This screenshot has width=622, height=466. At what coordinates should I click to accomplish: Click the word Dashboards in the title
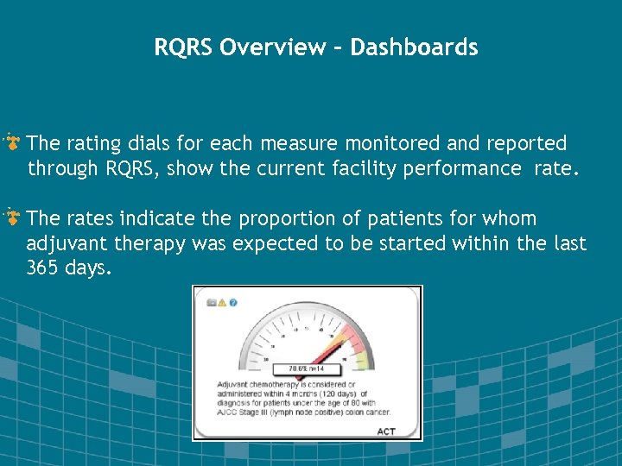point(414,47)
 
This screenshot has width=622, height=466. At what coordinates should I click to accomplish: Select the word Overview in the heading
point(273,47)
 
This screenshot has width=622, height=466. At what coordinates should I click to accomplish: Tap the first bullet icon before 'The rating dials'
point(14,142)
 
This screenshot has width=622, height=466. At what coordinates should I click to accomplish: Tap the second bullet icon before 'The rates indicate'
point(14,217)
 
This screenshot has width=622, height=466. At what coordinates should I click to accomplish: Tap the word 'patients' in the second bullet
point(400,219)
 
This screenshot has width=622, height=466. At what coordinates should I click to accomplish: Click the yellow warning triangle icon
point(222,303)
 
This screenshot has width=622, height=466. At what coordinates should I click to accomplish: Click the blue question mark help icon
point(233,303)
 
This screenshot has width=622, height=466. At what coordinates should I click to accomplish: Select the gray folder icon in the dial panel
point(211,303)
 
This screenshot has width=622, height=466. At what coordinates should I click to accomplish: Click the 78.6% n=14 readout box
point(306,368)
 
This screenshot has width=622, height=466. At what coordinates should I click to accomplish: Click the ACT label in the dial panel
point(386,430)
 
